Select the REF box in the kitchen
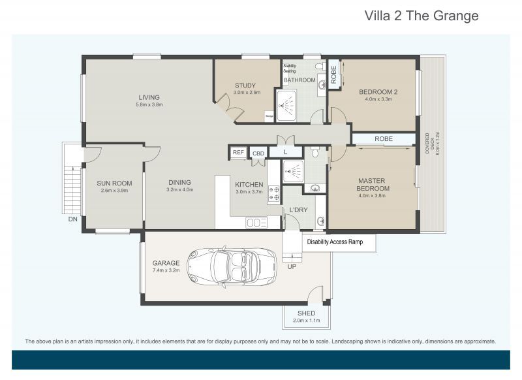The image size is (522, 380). pos(238,153)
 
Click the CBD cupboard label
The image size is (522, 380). pos(258,153)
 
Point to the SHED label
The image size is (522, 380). pos(306,313)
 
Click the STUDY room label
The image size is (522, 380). pos(245,86)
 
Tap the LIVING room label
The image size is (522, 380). pos(149,98)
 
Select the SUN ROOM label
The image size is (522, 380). pos(114,183)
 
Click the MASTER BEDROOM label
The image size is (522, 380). pos(373,185)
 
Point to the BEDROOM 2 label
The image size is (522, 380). pos(378,92)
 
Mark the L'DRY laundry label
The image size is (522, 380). pos(298,210)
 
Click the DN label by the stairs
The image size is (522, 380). pos(72,219)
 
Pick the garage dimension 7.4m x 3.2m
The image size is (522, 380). pos(167,270)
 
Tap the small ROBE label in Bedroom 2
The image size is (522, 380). pos(333,76)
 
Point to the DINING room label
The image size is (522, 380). pos(179,183)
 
